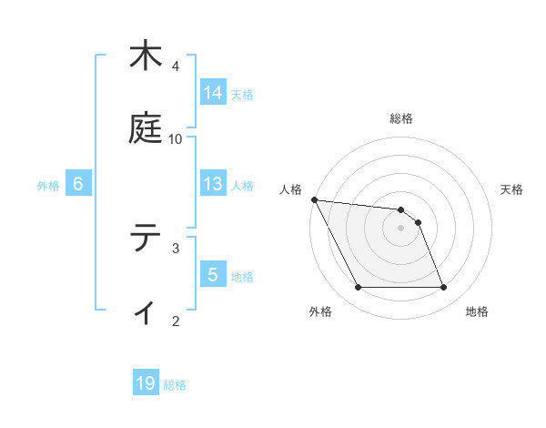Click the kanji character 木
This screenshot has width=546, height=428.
(x=146, y=56)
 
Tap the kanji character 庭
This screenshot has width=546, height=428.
(x=146, y=129)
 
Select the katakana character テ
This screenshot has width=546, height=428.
(x=146, y=239)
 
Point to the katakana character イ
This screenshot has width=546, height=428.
(x=146, y=311)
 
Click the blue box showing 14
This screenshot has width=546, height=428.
(x=213, y=93)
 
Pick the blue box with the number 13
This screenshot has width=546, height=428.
(x=213, y=184)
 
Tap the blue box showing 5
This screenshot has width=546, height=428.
(x=213, y=275)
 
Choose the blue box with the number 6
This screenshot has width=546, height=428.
(x=78, y=184)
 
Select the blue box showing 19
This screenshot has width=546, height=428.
(x=146, y=383)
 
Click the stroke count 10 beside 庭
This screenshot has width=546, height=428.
(x=176, y=138)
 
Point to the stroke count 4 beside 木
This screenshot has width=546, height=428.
(x=176, y=66)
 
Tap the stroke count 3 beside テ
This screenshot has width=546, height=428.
(x=176, y=247)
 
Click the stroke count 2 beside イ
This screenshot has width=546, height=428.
(x=176, y=320)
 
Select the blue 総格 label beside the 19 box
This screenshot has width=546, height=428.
(x=175, y=385)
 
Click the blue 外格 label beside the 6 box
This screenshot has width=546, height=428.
(x=48, y=186)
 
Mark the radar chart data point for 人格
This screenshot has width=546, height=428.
(x=314, y=199)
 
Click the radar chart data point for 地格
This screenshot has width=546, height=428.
(x=443, y=288)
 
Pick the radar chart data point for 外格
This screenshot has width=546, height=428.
(x=358, y=288)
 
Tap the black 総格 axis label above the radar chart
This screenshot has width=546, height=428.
(x=401, y=118)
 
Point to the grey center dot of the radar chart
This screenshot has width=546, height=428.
(x=400, y=228)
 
